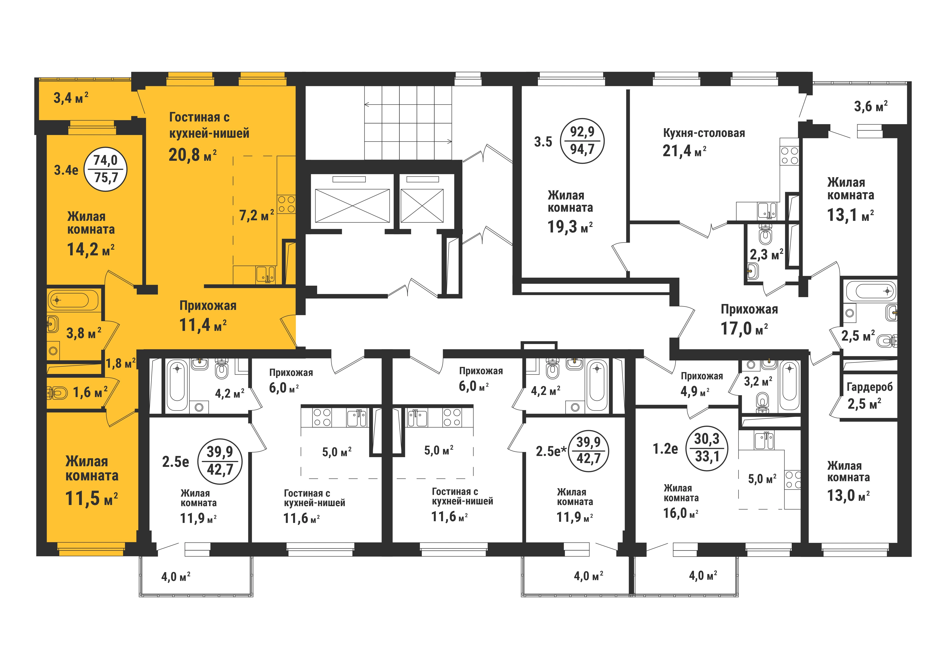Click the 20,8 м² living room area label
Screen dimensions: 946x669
pos(192,155)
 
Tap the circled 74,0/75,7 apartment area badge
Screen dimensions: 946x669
pos(105,169)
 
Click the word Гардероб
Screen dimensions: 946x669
pos(869,387)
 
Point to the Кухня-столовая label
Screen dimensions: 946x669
pos(704,133)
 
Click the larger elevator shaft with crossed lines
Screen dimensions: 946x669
pos(352,206)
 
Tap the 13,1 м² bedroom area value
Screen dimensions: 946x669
pos(850,215)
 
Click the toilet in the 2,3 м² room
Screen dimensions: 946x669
pos(766,234)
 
